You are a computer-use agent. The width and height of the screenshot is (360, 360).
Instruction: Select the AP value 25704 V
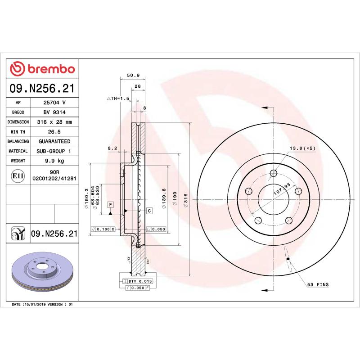tap(54, 103)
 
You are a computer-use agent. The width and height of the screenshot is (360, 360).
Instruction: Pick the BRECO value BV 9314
tap(54, 112)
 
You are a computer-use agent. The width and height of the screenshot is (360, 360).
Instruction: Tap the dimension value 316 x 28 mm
tap(54, 122)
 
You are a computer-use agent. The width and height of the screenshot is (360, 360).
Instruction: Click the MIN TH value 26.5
tap(54, 132)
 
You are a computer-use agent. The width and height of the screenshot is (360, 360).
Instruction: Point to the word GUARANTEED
tap(54, 141)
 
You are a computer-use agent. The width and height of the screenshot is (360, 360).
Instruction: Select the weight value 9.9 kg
tap(54, 161)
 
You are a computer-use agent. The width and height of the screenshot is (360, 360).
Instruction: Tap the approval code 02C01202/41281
tap(54, 179)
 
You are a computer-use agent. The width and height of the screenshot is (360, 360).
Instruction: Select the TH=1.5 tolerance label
tap(118, 98)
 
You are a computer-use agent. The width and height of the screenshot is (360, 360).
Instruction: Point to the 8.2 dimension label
tap(112, 148)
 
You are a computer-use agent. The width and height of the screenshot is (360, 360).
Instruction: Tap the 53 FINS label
tap(318, 284)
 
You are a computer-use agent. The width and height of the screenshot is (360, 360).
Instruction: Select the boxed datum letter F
tap(110, 205)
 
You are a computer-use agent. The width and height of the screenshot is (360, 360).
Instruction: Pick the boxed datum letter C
tap(149, 211)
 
